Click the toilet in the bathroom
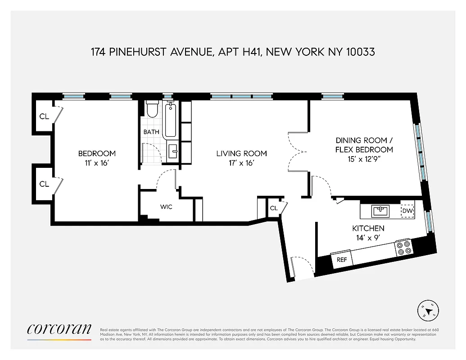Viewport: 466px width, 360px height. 152,109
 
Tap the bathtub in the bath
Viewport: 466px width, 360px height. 170,120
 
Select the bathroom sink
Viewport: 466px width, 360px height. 173,152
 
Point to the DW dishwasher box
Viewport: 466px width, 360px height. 407,211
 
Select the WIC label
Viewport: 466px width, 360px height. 167,207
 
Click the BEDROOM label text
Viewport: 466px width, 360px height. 97,153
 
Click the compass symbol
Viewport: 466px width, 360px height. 429,310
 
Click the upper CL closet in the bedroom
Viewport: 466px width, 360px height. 44,117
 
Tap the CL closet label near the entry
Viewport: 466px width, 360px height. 274,208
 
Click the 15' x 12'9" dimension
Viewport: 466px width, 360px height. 364,160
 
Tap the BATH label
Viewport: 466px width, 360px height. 151,132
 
